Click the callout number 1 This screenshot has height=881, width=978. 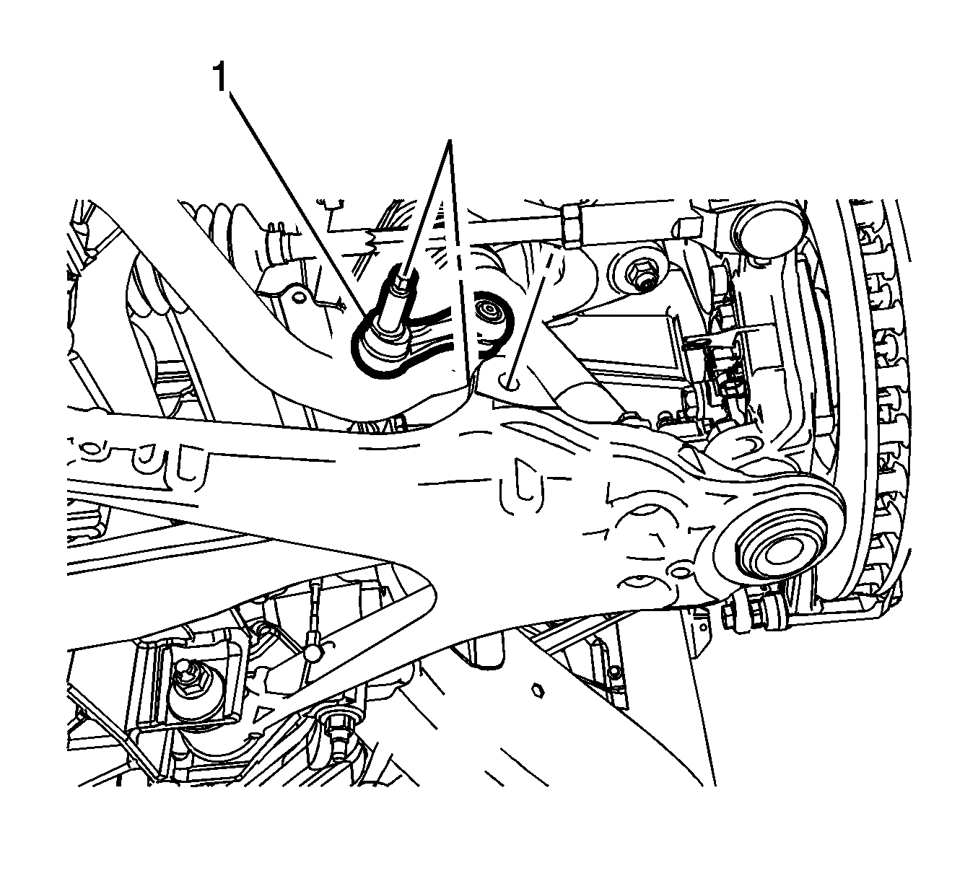[220, 78]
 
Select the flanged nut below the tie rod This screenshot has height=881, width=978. [639, 273]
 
